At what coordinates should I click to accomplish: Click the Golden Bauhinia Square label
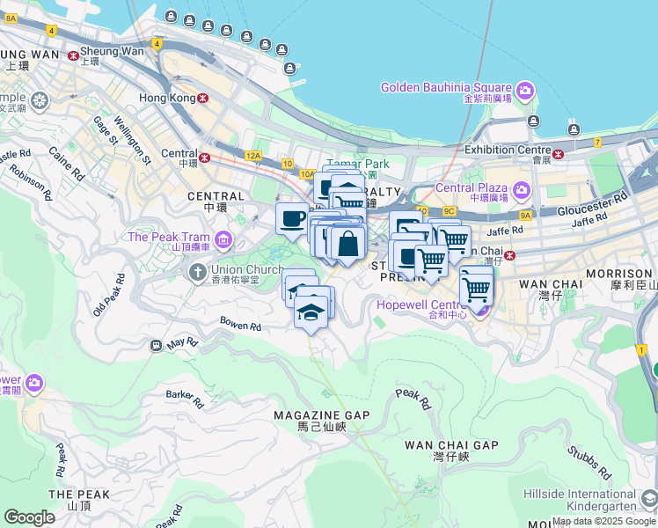tap(447, 88)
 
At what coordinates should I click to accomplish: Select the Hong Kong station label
tap(164, 98)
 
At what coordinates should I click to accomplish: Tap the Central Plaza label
tap(472, 187)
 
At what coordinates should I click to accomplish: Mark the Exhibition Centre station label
tap(508, 150)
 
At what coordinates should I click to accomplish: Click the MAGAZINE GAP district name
tap(321, 415)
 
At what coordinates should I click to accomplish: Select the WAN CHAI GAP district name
tap(451, 445)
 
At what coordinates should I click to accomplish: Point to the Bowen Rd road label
tap(240, 325)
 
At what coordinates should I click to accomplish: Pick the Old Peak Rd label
tap(108, 296)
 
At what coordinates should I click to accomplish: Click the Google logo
tap(29, 517)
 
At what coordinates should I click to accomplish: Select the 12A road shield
tap(253, 156)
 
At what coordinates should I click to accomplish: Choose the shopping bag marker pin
tap(348, 244)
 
